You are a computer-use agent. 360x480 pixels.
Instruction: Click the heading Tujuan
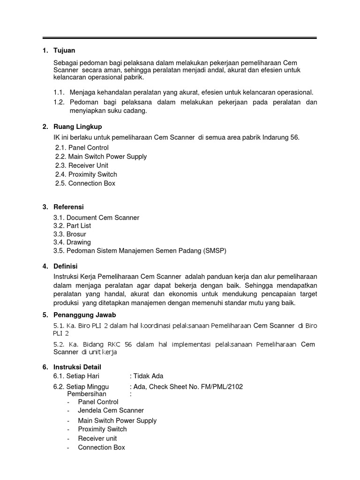click(65, 51)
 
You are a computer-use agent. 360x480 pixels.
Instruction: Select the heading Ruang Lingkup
click(78, 127)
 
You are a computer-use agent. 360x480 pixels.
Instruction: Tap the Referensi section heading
click(69, 207)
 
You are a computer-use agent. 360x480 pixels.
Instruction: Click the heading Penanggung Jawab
click(85, 315)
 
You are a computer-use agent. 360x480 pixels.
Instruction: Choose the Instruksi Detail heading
click(77, 367)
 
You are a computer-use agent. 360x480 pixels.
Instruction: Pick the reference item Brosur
click(76, 234)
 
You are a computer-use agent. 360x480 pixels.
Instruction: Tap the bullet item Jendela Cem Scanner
click(111, 410)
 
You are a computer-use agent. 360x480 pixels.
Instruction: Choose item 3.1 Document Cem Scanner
click(96, 217)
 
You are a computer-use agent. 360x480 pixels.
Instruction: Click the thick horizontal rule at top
click(180, 38)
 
